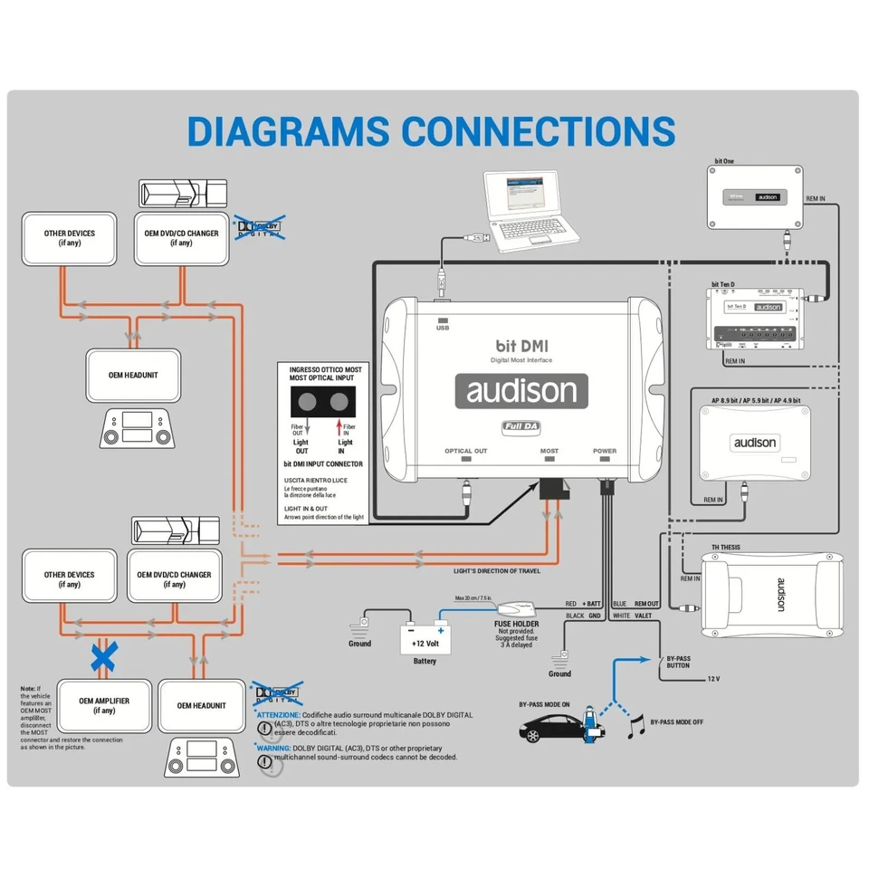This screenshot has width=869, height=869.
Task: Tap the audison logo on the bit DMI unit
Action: [x=520, y=391]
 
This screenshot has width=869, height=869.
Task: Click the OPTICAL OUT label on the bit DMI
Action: [x=466, y=451]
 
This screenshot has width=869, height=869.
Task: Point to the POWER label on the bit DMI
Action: [x=605, y=451]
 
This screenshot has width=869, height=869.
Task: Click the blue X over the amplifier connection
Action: [x=103, y=657]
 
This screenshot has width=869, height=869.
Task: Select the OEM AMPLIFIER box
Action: [x=104, y=705]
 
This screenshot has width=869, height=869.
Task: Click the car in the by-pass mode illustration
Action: [x=549, y=726]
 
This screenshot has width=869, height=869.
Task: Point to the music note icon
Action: [x=635, y=725]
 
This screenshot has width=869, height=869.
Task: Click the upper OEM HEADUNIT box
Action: [x=135, y=375]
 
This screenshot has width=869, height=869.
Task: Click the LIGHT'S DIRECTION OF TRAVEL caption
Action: [x=497, y=572]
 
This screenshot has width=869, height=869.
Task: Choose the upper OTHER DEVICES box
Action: [x=70, y=238]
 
